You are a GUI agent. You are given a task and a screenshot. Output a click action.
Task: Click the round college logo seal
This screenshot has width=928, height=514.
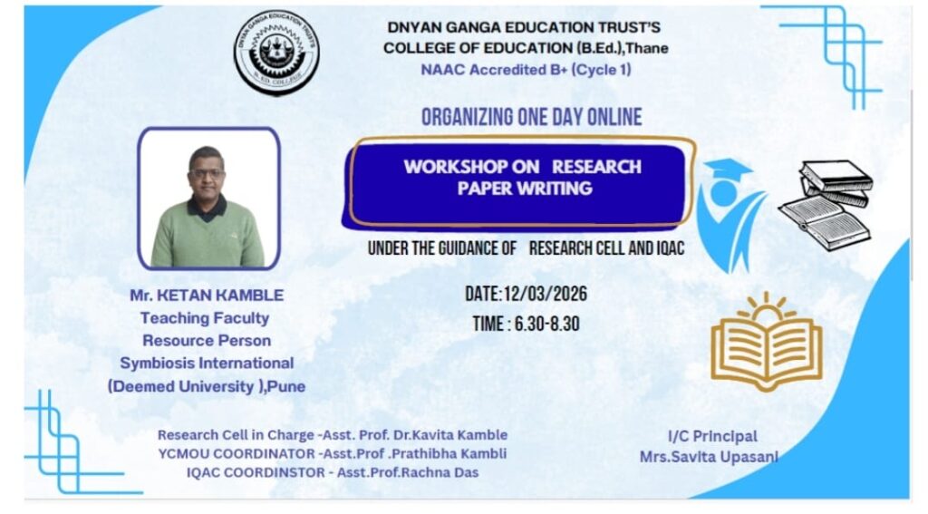[x=276, y=52]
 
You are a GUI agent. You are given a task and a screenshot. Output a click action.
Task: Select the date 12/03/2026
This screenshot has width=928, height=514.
[x=545, y=294]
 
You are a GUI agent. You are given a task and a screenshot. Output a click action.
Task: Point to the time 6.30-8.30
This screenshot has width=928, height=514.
[x=546, y=324]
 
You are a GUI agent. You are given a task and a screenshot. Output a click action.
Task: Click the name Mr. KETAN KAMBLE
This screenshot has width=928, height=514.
[x=207, y=295]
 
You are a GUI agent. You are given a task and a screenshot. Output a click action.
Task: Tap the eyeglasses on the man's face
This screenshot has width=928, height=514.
[x=208, y=173]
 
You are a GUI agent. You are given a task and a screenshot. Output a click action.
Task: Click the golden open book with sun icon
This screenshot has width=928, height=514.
[x=767, y=341]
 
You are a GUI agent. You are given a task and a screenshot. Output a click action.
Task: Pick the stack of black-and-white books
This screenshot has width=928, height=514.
[x=826, y=204]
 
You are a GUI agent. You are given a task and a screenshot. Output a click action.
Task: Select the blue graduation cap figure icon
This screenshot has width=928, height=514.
[x=730, y=214]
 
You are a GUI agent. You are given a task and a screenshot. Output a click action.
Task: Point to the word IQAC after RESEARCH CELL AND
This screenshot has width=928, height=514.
[x=671, y=248]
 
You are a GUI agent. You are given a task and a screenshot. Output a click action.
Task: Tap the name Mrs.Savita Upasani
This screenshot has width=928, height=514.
[x=709, y=457]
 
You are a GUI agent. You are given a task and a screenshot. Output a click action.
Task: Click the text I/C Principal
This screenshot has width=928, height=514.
[x=712, y=436]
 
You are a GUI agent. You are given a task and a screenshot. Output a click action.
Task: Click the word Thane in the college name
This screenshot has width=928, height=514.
[x=647, y=48]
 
